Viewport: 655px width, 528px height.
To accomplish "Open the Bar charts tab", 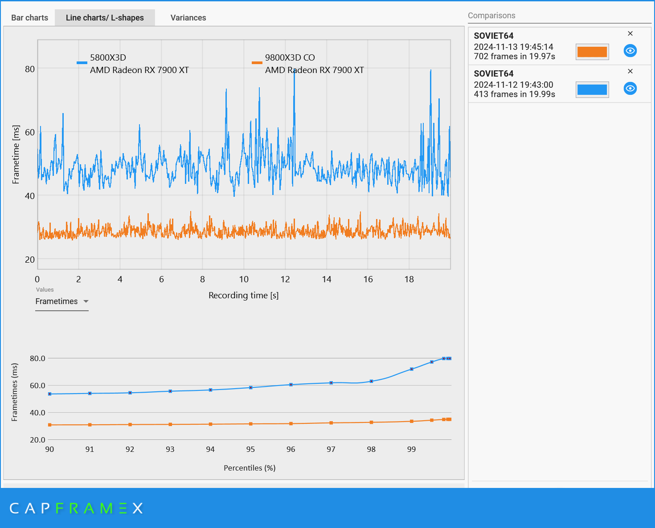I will tap(29, 18).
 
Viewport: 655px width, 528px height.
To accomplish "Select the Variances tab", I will tap(188, 18).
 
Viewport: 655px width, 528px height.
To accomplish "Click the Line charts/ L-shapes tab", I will tap(105, 18).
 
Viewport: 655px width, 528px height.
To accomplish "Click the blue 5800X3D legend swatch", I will tap(82, 63).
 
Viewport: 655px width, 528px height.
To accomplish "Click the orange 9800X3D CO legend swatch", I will tap(257, 63).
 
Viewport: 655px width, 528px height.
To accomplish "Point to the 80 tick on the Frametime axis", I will tap(30, 69).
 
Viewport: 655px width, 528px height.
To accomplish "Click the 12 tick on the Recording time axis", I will tap(285, 279).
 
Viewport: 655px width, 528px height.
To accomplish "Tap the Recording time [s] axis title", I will tap(243, 295).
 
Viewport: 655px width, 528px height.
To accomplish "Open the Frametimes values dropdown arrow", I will tap(86, 301).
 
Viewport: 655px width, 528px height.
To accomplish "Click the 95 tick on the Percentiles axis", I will tap(250, 449).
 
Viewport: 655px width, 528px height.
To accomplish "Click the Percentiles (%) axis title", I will tap(250, 468).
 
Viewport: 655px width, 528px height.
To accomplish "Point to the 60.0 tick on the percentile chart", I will tap(37, 386).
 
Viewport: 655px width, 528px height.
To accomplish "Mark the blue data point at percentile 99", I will tap(412, 369).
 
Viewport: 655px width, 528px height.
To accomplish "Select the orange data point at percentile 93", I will tap(170, 424).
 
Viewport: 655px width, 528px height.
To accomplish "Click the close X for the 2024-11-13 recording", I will tap(630, 34).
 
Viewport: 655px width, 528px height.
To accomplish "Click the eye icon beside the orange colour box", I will tap(630, 51).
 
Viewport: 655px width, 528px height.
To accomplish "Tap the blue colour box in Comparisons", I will tap(592, 89).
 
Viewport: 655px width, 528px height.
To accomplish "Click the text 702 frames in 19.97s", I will tap(514, 57).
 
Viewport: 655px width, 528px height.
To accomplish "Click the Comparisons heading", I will tap(491, 16).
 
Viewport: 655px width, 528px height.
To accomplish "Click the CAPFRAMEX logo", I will tap(76, 508).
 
